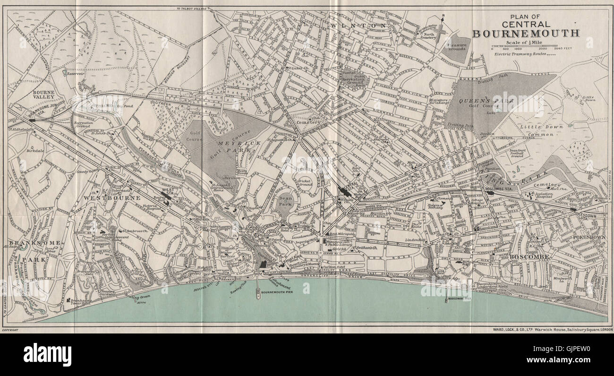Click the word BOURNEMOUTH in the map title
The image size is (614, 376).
click(x=526, y=33)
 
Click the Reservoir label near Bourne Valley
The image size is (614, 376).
click(x=76, y=74)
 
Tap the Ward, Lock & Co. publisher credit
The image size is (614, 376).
click(x=546, y=329)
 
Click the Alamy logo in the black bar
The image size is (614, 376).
click(x=47, y=354)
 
